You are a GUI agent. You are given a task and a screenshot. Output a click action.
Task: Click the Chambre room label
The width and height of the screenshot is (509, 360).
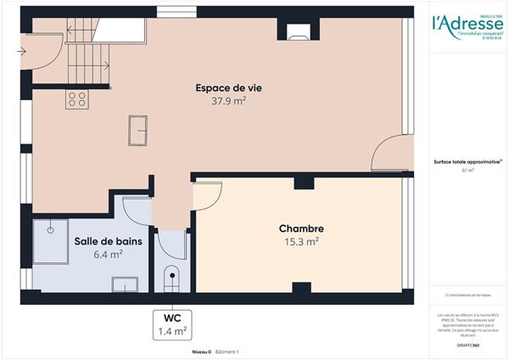pyautogui.click(x=301, y=229)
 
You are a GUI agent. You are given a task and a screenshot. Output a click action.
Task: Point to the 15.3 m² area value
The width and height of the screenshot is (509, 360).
pyautogui.click(x=301, y=242)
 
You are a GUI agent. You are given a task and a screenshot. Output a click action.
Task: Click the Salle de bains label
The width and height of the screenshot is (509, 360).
pyautogui.click(x=109, y=241)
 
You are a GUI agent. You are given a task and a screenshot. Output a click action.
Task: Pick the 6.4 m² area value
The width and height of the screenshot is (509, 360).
pyautogui.click(x=109, y=254)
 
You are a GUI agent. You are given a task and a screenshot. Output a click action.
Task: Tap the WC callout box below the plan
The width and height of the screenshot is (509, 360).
pyautogui.click(x=171, y=324)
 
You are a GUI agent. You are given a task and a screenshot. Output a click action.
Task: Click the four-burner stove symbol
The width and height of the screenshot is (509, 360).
pyautogui.click(x=76, y=99)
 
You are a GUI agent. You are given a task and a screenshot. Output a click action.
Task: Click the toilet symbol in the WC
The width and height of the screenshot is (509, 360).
pyautogui.click(x=171, y=278)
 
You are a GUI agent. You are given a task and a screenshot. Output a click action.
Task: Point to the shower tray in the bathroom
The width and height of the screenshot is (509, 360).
pyautogui.click(x=51, y=239)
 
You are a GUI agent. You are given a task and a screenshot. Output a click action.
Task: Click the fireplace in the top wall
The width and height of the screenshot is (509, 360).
pyautogui.click(x=297, y=33)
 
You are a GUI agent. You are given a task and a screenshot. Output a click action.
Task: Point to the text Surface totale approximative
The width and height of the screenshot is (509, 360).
pyautogui.click(x=467, y=161)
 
